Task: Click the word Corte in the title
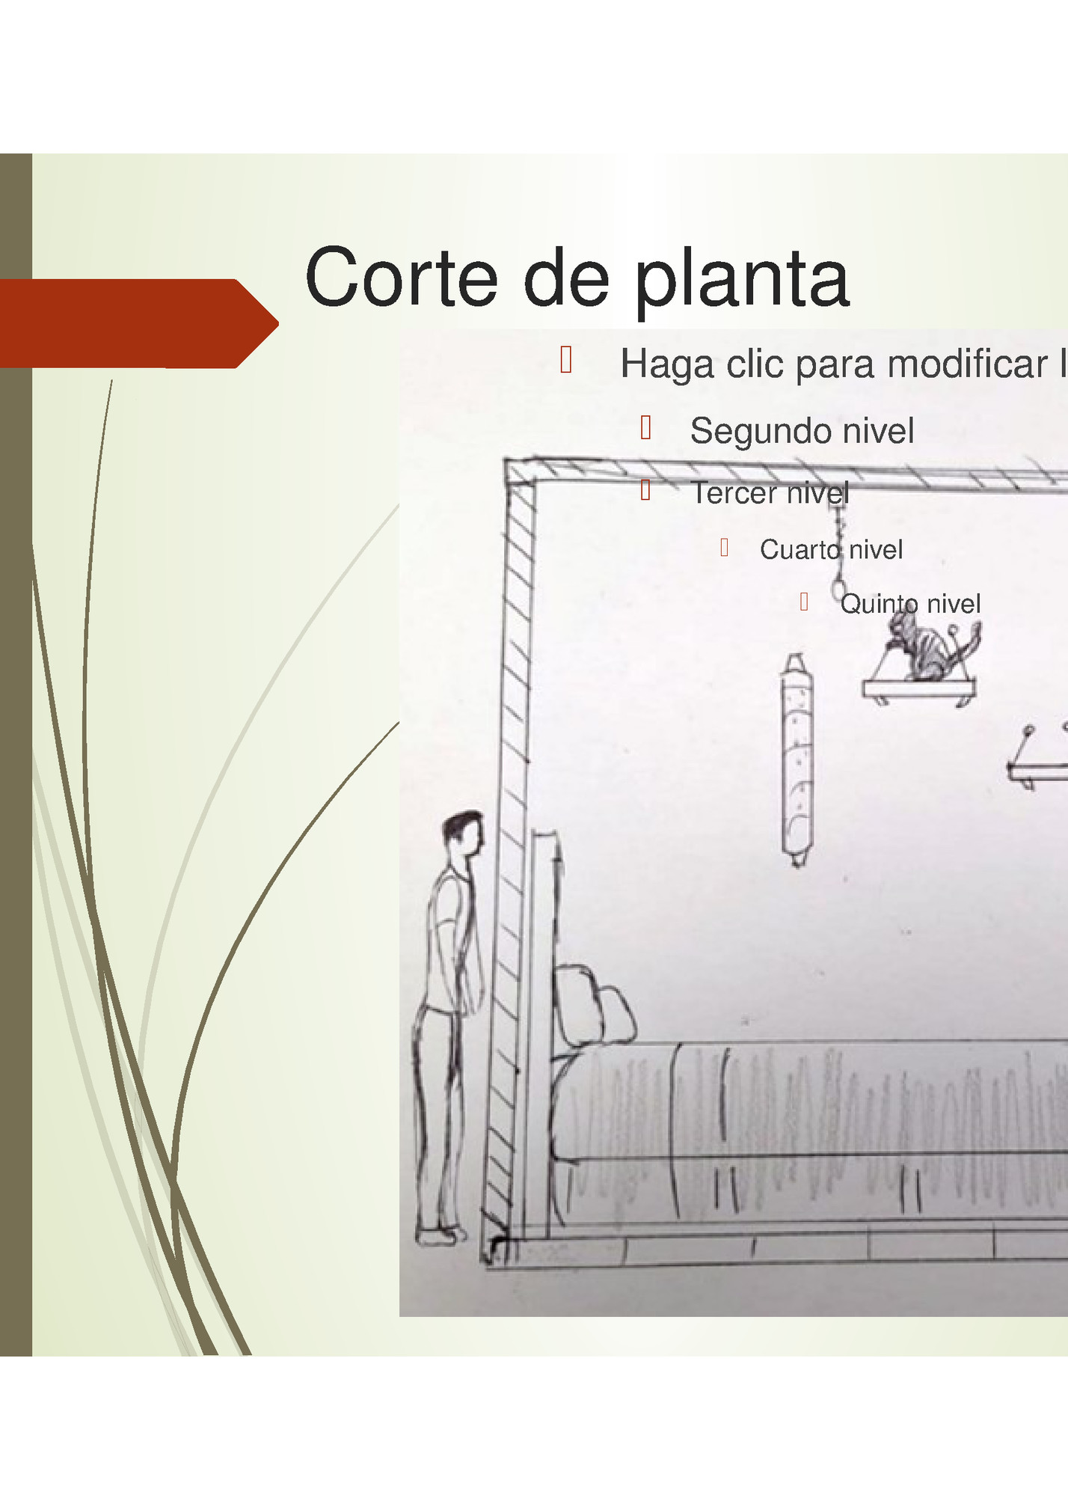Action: click(401, 278)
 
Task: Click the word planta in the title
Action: click(742, 281)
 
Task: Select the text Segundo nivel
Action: click(802, 431)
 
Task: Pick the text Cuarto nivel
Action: click(831, 550)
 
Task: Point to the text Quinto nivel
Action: click(909, 604)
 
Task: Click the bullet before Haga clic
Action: click(566, 360)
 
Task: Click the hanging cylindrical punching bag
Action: click(797, 760)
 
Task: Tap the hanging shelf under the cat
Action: click(918, 688)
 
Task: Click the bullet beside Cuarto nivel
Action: click(724, 548)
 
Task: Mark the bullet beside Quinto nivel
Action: click(804, 602)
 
